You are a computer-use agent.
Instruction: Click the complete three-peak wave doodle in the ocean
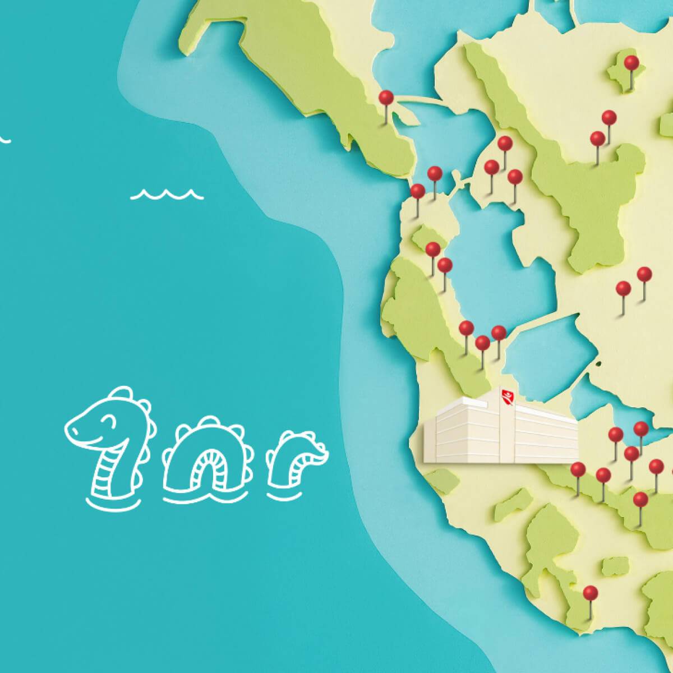(x=167, y=194)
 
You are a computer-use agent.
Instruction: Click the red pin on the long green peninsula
(x=386, y=98)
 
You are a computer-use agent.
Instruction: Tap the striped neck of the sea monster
(x=107, y=471)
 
